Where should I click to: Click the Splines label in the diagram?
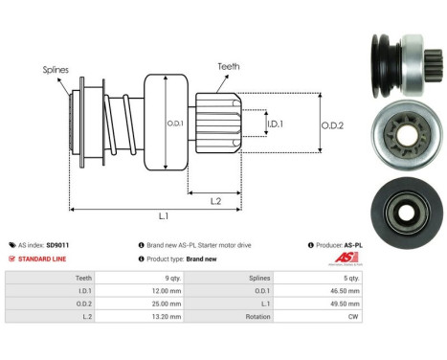click(55, 70)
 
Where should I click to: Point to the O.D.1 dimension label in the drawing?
click(174, 122)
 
